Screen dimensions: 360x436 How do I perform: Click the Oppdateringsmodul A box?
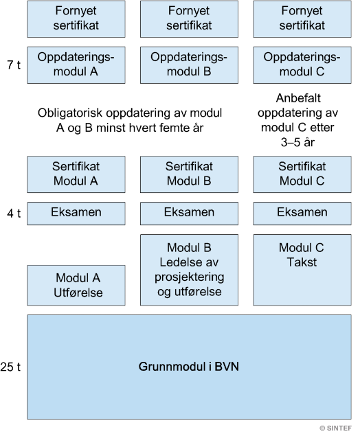(76, 65)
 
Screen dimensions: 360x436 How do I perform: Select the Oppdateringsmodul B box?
(189, 65)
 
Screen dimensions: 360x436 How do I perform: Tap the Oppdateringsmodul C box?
(302, 65)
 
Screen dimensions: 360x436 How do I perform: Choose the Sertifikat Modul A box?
(76, 174)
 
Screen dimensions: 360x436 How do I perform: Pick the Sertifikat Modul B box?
(189, 174)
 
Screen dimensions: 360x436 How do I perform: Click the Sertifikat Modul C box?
(302, 174)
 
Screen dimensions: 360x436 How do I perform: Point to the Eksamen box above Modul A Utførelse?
(76, 214)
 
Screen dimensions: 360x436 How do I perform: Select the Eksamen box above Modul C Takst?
(302, 214)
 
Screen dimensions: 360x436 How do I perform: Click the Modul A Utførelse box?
(76, 286)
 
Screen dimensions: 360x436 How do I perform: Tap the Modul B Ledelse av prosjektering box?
(189, 270)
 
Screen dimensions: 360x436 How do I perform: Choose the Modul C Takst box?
(302, 270)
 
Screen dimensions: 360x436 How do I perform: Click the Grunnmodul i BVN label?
(189, 367)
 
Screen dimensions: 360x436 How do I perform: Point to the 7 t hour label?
(14, 65)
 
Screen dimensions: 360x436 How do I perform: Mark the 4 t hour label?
(14, 214)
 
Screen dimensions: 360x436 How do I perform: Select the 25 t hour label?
(10, 367)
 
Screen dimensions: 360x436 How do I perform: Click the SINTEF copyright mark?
(336, 428)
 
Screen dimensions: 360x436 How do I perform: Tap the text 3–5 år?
(297, 142)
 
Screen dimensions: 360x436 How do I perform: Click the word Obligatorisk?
(70, 113)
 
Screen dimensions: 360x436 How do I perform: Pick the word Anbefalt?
(298, 98)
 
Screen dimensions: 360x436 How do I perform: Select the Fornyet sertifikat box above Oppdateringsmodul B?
(189, 19)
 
